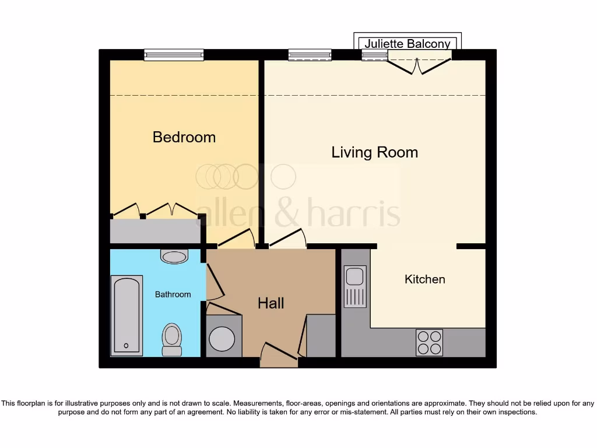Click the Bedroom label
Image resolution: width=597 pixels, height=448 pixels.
tap(184, 137)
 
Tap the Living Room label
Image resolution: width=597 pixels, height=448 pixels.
tap(374, 152)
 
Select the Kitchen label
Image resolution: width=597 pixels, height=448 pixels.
tap(424, 279)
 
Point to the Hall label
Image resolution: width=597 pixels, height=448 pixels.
tap(271, 303)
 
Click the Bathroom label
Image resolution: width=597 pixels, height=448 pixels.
tap(173, 295)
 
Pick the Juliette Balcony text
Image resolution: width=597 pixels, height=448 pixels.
tap(408, 44)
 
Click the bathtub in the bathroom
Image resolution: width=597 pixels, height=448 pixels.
tap(127, 315)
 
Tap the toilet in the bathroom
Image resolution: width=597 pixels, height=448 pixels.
tap(171, 339)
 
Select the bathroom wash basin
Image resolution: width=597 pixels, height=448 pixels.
tap(174, 257)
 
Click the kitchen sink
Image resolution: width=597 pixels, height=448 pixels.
tap(354, 286)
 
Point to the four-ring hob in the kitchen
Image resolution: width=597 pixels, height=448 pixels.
tap(429, 342)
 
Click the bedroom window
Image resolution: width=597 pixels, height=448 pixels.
tap(174, 55)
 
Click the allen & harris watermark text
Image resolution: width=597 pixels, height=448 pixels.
tap(298, 213)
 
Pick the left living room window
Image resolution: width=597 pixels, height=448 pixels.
tap(310, 55)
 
